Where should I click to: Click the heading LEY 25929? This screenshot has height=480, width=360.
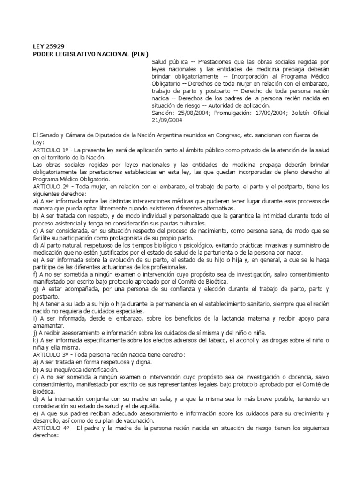coord(48,46)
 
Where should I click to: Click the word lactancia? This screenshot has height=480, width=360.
coord(230,318)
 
